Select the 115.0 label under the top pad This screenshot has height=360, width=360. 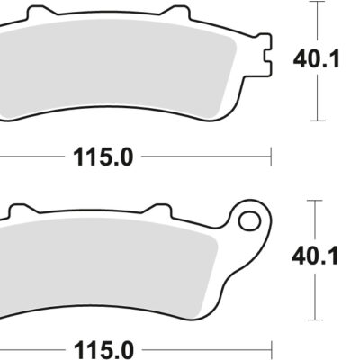pyautogui.click(x=102, y=157)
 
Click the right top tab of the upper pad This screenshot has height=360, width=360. pyautogui.click(x=175, y=13)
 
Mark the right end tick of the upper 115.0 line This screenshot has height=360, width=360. pyautogui.click(x=271, y=157)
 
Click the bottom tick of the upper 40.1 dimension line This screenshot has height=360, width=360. pyautogui.click(x=316, y=120)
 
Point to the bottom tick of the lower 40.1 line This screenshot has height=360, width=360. pyautogui.click(x=316, y=319)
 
